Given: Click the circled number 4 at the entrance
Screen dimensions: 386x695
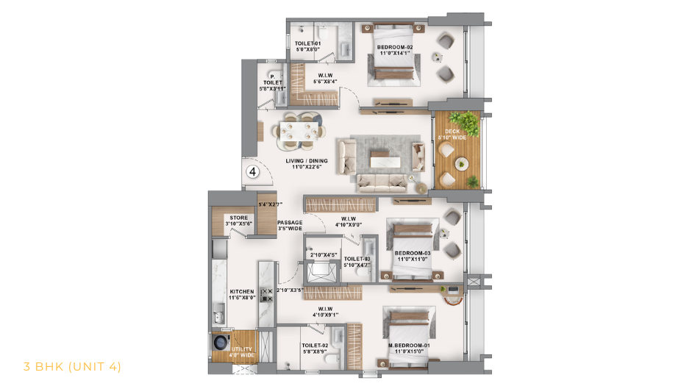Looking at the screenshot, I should click(252, 172).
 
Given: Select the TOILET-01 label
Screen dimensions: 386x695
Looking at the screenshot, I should click(307, 44).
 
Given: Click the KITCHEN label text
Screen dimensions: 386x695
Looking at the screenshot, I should click(241, 291).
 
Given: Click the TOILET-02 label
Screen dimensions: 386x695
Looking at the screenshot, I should click(314, 345).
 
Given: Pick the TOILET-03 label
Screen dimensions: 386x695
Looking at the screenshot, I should click(355, 259).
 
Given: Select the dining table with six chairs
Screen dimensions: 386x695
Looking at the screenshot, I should click(300, 131).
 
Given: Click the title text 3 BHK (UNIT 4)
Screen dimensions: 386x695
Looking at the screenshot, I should click(72, 366).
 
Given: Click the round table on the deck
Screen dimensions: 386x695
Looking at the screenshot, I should click(462, 162).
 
